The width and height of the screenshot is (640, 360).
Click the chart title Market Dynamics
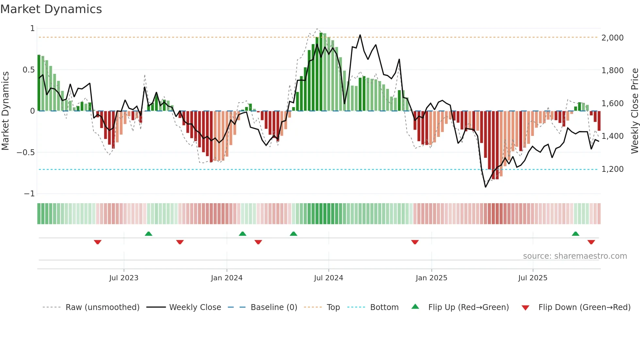tap(51, 9)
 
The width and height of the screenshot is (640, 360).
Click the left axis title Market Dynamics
tap(5, 111)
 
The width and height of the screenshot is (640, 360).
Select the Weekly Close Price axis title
tap(634, 111)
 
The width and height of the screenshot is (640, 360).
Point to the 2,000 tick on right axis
tap(612, 38)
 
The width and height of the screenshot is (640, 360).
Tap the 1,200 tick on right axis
tap(612, 169)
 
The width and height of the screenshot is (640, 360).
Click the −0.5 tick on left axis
tap(25, 153)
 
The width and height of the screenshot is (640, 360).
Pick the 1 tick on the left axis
tap(32, 28)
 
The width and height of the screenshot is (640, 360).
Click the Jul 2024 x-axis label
tap(328, 278)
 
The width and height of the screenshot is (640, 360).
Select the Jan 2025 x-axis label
tap(431, 278)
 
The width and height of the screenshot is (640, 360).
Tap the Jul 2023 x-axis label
tap(124, 278)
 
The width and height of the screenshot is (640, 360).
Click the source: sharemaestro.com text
tap(575, 256)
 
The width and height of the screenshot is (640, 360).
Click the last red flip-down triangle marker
tap(591, 242)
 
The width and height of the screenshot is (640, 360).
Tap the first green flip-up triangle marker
tap(149, 234)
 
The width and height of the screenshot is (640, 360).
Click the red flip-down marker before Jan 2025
tap(415, 242)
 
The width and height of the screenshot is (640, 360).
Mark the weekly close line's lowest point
tap(486, 187)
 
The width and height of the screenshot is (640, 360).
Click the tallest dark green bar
tap(321, 72)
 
